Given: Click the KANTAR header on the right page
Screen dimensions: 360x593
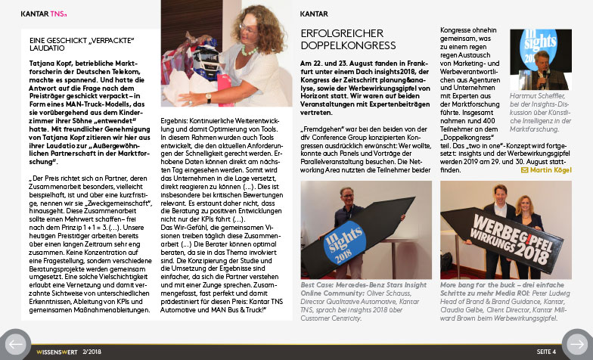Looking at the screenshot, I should (313, 14).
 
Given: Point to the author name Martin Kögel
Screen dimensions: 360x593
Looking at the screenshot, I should (551, 170).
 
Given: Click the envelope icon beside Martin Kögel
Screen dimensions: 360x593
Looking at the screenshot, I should (524, 170).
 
